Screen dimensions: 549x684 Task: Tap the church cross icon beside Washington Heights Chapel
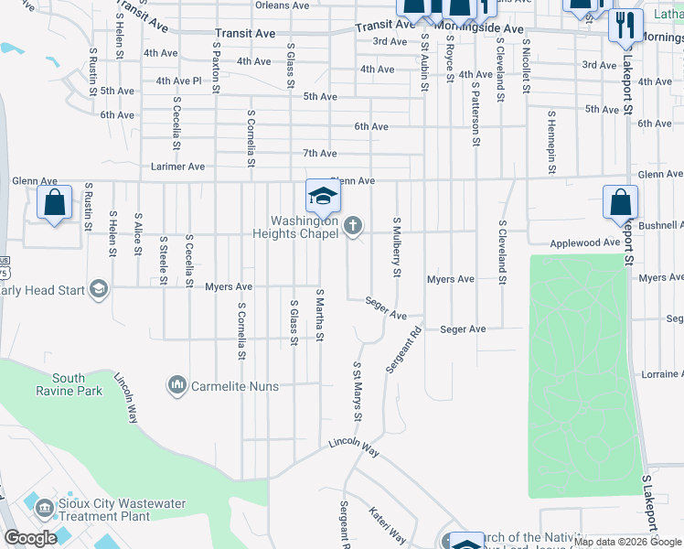(353, 226)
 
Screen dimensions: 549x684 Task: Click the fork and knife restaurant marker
(625, 25)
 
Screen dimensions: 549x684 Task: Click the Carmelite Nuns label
(234, 386)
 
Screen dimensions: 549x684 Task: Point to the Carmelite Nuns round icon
(177, 386)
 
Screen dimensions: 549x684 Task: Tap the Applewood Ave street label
(585, 243)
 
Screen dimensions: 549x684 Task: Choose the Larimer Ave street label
(177, 167)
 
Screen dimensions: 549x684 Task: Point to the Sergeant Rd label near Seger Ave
(402, 350)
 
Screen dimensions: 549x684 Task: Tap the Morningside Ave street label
(478, 29)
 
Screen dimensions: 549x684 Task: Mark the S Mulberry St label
(397, 246)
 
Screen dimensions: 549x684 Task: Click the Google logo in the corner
(31, 538)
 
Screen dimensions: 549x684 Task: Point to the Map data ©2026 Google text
(627, 543)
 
